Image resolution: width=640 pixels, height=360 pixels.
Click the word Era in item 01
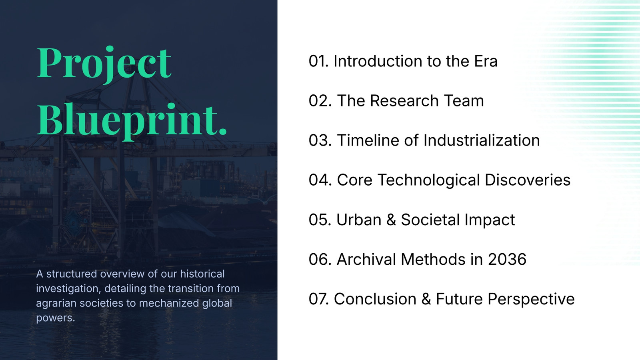pyautogui.click(x=486, y=61)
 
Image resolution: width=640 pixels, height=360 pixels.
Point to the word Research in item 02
pyautogui.click(x=404, y=100)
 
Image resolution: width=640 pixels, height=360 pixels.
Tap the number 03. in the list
pyautogui.click(x=320, y=140)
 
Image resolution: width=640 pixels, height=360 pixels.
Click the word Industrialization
pyautogui.click(x=482, y=140)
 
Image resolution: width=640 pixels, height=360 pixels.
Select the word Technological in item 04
pyautogui.click(x=428, y=180)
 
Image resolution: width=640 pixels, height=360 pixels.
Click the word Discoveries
pyautogui.click(x=528, y=180)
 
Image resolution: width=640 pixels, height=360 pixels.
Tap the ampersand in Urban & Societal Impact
pyautogui.click(x=391, y=220)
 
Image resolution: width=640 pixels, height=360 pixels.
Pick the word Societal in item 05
pyautogui.click(x=430, y=220)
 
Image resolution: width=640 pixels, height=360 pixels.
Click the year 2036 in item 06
pyautogui.click(x=507, y=259)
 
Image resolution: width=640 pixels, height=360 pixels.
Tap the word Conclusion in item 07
pyautogui.click(x=375, y=299)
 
